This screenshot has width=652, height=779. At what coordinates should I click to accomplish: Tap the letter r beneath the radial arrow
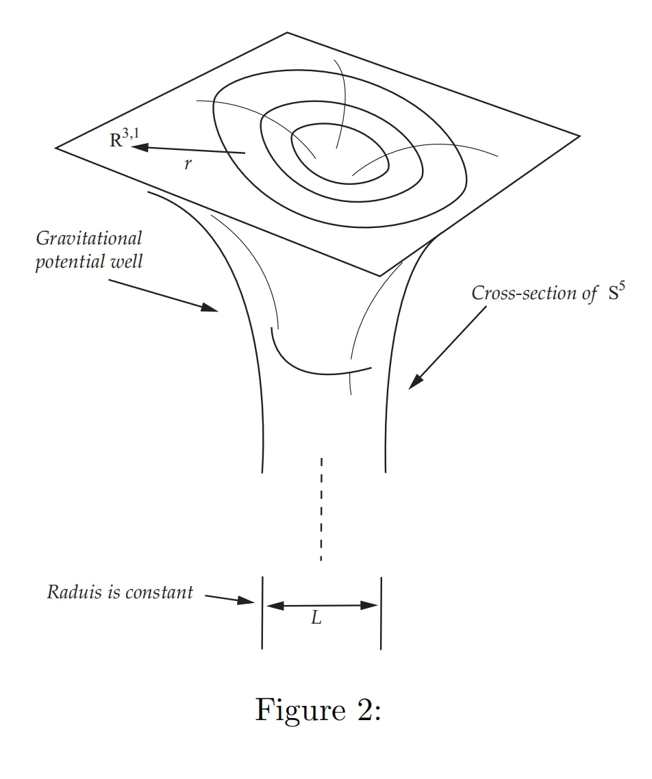point(187,165)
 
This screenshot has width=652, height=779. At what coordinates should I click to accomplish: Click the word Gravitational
point(89,239)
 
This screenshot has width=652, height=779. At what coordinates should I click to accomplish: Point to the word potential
point(67,261)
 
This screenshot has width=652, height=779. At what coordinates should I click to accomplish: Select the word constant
point(159,592)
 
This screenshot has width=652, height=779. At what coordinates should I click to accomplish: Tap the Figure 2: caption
point(318,710)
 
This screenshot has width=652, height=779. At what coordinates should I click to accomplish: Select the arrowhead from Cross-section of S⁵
point(414,385)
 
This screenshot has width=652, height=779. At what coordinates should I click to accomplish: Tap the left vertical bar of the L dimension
point(262,613)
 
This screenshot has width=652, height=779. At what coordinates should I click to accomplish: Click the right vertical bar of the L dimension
point(381,613)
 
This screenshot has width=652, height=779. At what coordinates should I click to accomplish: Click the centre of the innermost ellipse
point(340,153)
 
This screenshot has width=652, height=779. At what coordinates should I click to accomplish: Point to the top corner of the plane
point(287,32)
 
